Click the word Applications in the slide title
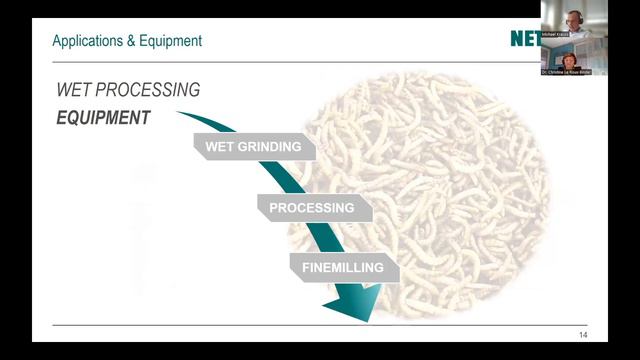pyautogui.click(x=85, y=41)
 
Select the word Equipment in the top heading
pyautogui.click(x=169, y=41)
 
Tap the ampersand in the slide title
pyautogui.click(x=128, y=41)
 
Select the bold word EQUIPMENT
pyautogui.click(x=104, y=118)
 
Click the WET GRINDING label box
pyautogui.click(x=253, y=147)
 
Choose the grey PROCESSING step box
pyautogui.click(x=312, y=208)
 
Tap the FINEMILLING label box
pyautogui.click(x=344, y=268)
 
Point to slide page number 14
pyautogui.click(x=583, y=334)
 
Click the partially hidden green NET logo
pyautogui.click(x=523, y=40)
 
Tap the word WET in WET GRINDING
pyautogui.click(x=219, y=147)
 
